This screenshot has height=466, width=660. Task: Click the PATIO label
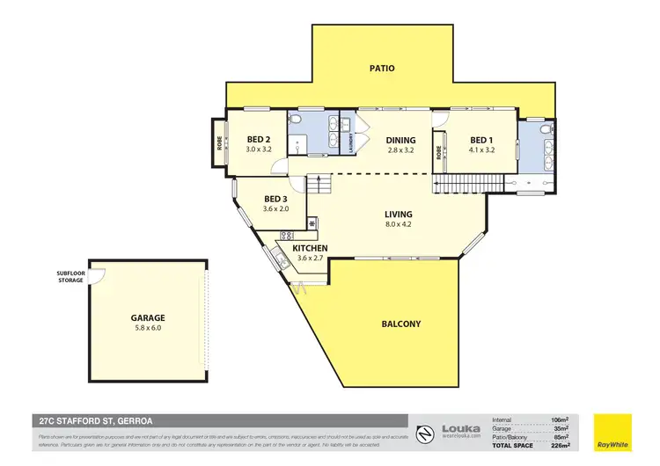tap(382, 68)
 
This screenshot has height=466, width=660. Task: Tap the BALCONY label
tap(400, 324)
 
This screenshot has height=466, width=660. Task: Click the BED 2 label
tap(258, 140)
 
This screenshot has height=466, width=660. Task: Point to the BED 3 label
tap(276, 199)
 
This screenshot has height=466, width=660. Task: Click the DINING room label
tap(400, 140)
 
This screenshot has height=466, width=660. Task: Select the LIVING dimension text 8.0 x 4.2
tap(398, 225)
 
